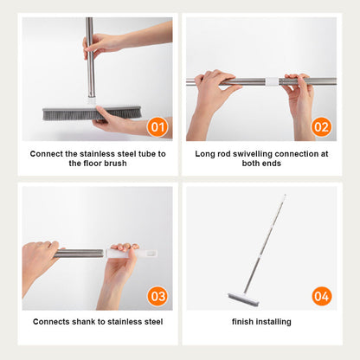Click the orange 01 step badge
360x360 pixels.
click(157, 127)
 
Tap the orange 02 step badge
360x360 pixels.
click(321, 127)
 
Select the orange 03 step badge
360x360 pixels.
click(157, 296)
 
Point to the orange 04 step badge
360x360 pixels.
click(322, 296)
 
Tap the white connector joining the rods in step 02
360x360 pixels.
click(272, 81)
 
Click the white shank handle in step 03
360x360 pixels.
click(132, 254)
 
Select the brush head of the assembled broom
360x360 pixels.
click(244, 299)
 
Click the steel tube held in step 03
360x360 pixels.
click(79, 254)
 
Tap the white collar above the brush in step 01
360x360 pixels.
click(92, 100)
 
